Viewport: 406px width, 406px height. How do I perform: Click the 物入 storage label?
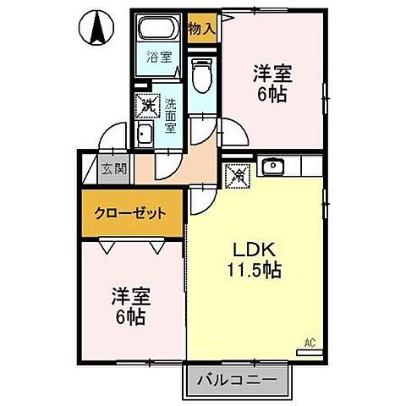(x=200, y=27)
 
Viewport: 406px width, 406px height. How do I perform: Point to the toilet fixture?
(x=200, y=78)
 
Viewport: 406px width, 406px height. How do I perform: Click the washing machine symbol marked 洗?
(x=149, y=106)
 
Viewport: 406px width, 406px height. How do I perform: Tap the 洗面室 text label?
(x=169, y=111)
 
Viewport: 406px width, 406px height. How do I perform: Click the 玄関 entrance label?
(x=114, y=167)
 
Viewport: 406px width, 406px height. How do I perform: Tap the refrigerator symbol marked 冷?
(x=238, y=177)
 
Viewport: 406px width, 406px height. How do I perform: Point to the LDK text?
(x=251, y=250)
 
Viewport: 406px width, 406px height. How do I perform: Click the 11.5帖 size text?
(x=253, y=272)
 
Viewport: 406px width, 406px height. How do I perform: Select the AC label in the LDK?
(x=309, y=343)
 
